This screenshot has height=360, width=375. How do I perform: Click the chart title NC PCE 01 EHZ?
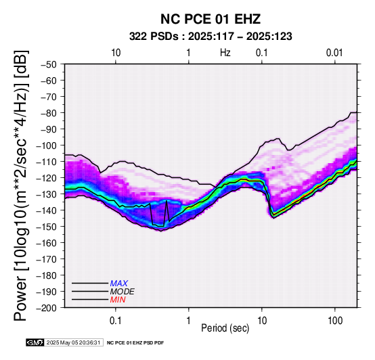click(211, 19)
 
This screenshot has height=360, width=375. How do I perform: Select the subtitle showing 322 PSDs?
click(211, 37)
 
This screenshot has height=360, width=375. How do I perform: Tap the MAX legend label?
click(119, 284)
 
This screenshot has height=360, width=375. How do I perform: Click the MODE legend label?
click(123, 292)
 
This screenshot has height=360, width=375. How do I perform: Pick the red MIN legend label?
click(118, 300)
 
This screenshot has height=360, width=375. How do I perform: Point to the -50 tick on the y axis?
click(48, 64)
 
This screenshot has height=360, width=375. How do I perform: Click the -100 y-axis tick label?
click(46, 145)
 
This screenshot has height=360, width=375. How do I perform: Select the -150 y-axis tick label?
click(46, 227)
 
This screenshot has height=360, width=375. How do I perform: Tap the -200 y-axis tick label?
click(46, 308)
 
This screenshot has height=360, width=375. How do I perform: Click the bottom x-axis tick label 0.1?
click(116, 321)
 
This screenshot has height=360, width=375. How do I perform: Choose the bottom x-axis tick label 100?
click(335, 321)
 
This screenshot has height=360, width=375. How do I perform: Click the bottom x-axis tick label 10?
click(262, 321)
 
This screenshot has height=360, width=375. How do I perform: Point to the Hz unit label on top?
click(225, 53)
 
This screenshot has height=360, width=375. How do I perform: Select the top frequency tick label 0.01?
click(334, 53)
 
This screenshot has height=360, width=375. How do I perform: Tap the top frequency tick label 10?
click(116, 53)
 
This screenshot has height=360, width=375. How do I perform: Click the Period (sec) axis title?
click(225, 328)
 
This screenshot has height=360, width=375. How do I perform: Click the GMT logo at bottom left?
click(35, 342)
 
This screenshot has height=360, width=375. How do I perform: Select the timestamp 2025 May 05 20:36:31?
click(73, 342)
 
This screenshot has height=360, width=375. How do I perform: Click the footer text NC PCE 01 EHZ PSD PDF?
click(135, 343)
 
